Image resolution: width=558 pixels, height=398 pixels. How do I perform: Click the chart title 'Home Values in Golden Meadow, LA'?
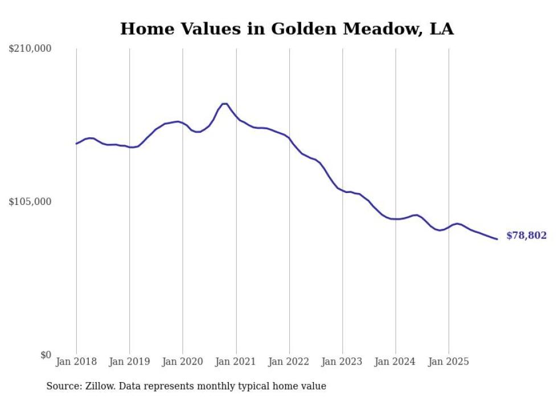(x=286, y=29)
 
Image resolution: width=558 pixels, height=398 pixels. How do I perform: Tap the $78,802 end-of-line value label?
(x=526, y=236)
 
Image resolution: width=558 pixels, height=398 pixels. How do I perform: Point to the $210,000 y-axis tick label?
(x=30, y=49)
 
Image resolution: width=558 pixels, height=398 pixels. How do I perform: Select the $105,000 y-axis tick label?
(x=30, y=202)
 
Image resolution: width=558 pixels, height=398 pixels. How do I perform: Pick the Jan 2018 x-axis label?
(x=76, y=362)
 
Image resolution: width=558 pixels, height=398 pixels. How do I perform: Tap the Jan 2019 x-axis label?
(x=129, y=362)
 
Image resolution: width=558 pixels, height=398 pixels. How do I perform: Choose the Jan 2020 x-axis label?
(x=183, y=362)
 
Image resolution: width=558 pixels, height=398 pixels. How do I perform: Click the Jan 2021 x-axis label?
(x=236, y=362)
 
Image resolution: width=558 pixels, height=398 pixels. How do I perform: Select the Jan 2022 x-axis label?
(x=289, y=362)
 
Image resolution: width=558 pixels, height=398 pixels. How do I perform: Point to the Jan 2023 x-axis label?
(x=342, y=362)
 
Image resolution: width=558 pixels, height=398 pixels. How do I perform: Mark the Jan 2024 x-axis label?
(x=396, y=362)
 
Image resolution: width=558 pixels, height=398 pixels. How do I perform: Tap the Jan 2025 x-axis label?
(x=449, y=362)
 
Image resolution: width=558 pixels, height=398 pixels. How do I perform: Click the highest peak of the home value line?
(x=224, y=104)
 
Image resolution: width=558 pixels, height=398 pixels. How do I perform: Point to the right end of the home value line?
(x=497, y=239)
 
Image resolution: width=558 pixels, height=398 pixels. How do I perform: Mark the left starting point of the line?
(x=77, y=143)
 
